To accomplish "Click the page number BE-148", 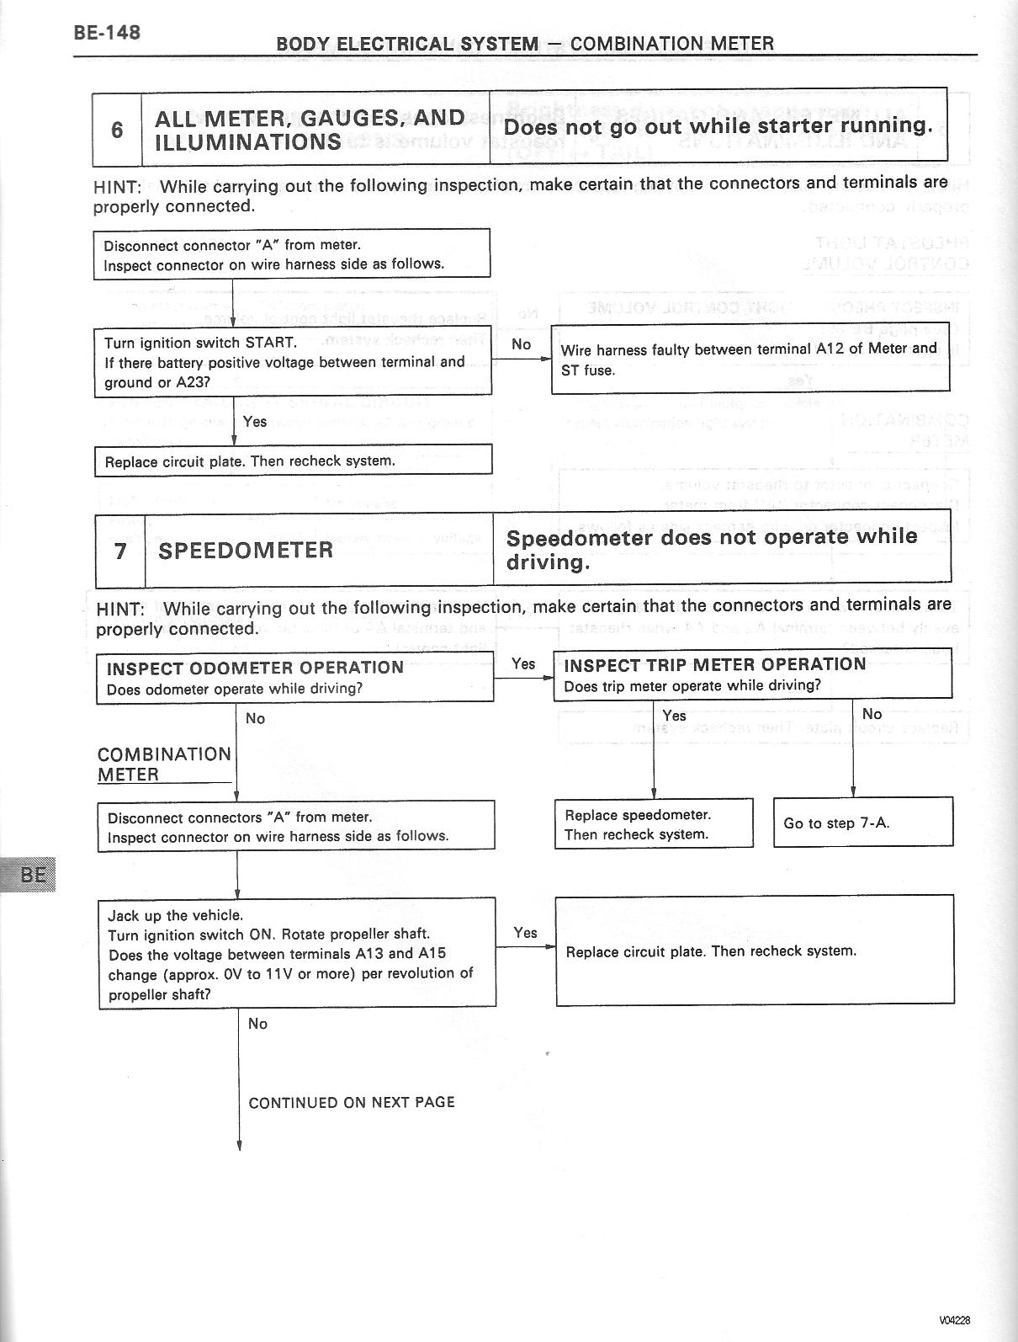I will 106,33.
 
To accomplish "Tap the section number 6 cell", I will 117,130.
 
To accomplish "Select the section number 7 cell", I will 120,551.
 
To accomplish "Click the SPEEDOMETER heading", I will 246,551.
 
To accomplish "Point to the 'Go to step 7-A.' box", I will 862,823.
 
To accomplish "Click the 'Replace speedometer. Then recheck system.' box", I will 653,824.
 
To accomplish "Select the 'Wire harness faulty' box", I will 749,359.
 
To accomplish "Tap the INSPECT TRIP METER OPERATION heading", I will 714,664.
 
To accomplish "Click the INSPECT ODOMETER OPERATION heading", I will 255,668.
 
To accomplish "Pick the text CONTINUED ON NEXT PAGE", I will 352,1102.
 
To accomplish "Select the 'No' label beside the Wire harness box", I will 521,344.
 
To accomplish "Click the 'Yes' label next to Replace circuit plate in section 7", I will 525,932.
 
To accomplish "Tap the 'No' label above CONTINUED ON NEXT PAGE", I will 257,1024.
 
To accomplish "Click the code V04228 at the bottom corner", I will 956,1320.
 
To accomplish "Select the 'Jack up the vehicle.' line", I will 175,915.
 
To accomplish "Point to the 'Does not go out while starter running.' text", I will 718,126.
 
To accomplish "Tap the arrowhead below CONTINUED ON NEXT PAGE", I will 240,1145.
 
